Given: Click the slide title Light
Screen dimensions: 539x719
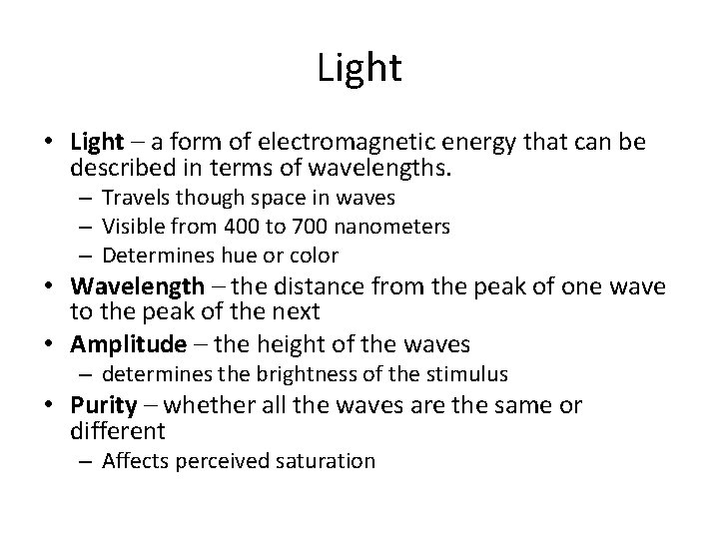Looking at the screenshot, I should click(x=359, y=68).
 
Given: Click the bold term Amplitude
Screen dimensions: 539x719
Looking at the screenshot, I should click(x=129, y=345).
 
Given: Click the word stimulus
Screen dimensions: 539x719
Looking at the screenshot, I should click(x=472, y=376).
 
